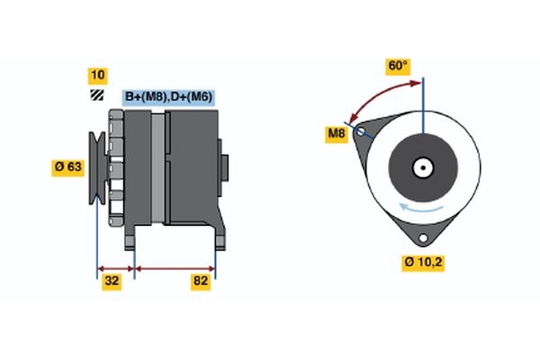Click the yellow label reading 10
(x=96, y=75)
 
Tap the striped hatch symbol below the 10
(x=96, y=95)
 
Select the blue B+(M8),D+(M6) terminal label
(x=168, y=97)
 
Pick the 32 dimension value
(x=111, y=281)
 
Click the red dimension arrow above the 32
(x=115, y=267)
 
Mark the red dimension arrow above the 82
(x=175, y=267)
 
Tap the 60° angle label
(x=398, y=66)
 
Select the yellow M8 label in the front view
(x=336, y=135)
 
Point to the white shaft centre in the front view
(x=421, y=166)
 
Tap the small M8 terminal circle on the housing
(x=362, y=131)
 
